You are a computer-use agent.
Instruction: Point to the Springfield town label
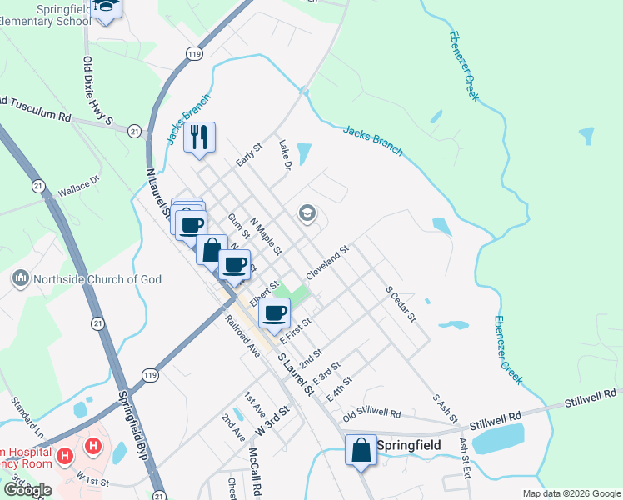coord(409,445)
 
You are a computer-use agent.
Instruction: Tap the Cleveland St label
coord(326,262)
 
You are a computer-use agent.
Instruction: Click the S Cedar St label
coord(400,306)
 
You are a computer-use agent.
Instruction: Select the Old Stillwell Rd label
coord(371,413)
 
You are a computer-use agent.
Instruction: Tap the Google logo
coord(27,490)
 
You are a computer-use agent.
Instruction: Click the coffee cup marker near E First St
coord(274,312)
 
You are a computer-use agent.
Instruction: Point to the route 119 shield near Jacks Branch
coord(194,54)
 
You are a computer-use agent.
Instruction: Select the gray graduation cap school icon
coord(307,214)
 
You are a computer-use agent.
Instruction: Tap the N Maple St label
coord(267,237)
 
